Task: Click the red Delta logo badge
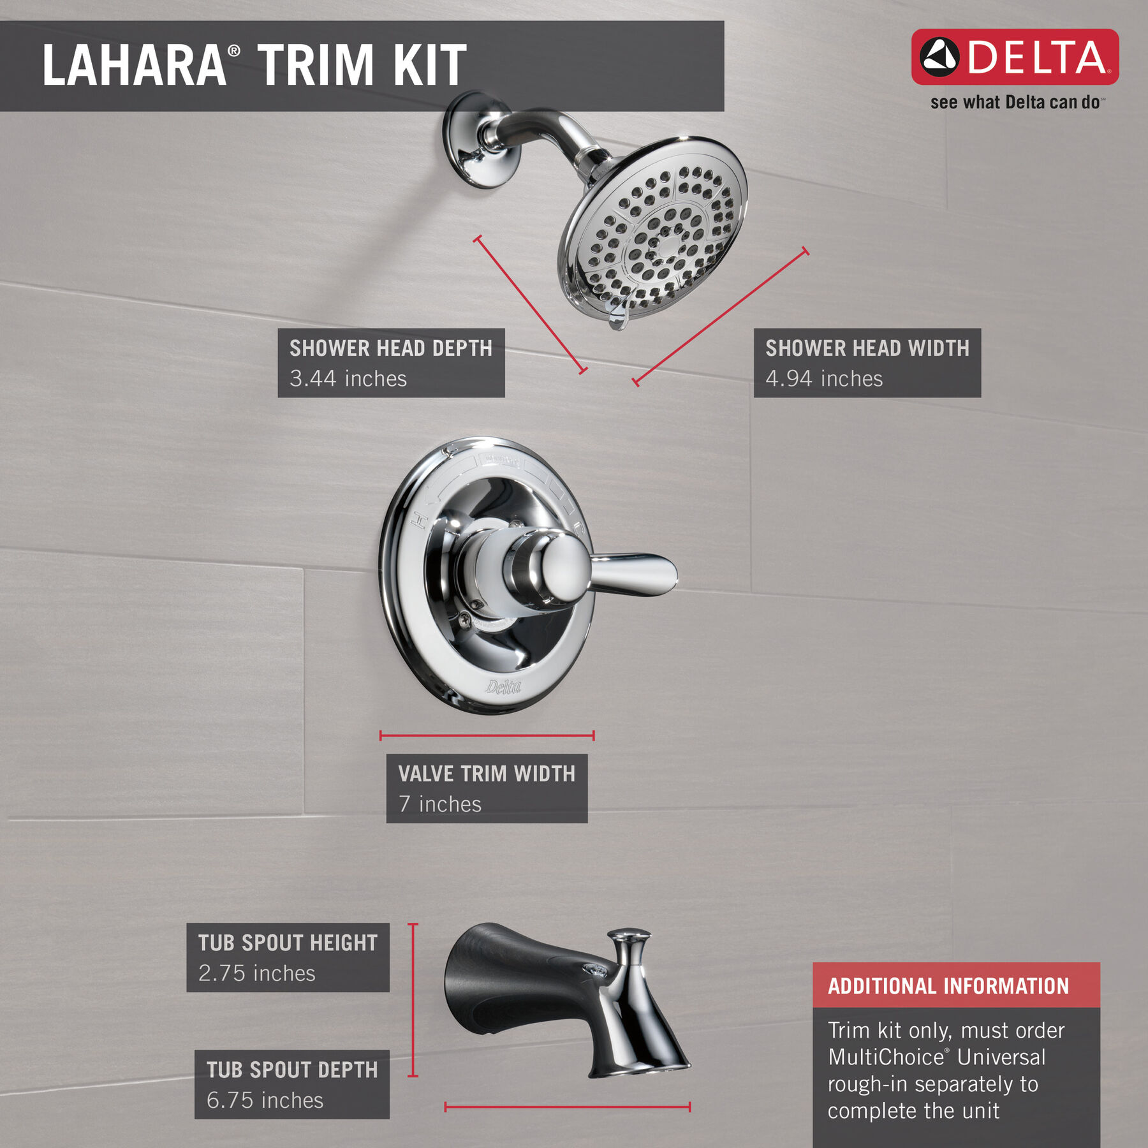point(1014,57)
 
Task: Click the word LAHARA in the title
point(134,65)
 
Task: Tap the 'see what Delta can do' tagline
point(1015,103)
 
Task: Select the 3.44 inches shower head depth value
point(348,379)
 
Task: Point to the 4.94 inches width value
point(823,379)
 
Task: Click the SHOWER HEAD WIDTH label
point(867,348)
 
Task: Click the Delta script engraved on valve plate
point(503,687)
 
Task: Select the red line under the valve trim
point(487,735)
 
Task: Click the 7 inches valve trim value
point(439,804)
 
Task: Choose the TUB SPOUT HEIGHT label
point(288,943)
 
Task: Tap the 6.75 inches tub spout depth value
point(265,1100)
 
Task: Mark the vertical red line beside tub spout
point(413,999)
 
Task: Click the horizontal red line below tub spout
point(567,1107)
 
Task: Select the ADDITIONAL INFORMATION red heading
point(948,986)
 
